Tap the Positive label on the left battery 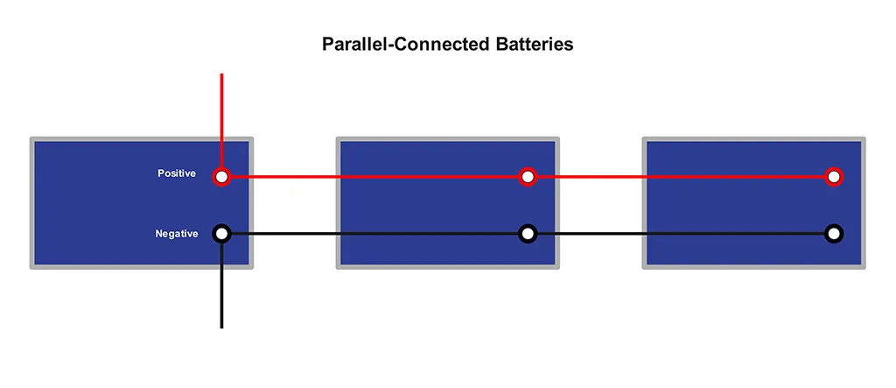point(177,174)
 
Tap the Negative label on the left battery point(177,234)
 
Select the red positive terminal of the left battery point(222,177)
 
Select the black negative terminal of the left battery point(222,234)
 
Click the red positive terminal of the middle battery point(528,177)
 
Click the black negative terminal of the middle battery point(528,234)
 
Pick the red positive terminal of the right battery point(834,177)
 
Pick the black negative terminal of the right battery point(834,234)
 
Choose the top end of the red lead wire point(222,76)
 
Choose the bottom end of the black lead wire point(222,326)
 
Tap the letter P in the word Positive point(160,174)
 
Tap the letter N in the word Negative point(159,234)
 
